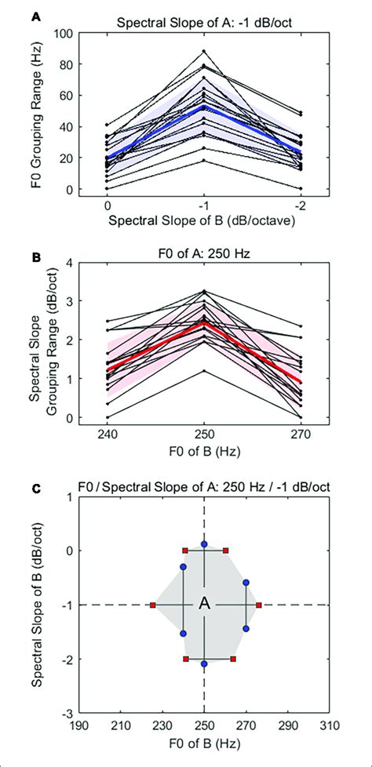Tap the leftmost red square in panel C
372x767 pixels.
(152, 605)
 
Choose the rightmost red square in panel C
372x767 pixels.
(258, 605)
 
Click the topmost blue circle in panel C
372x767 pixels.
(204, 543)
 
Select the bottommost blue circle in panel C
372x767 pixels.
(204, 663)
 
